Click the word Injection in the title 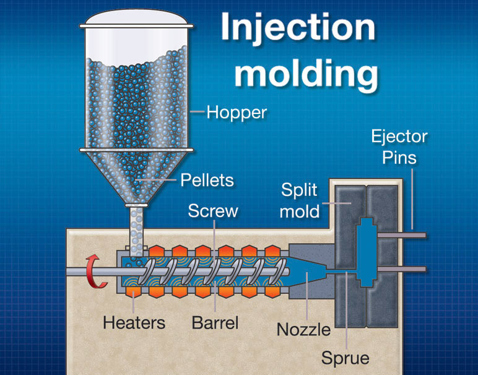299,29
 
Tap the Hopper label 237,112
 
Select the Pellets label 207,180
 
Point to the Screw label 213,211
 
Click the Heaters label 134,322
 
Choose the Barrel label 215,322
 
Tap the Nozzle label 303,329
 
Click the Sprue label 345,358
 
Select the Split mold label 300,200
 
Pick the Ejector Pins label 399,146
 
